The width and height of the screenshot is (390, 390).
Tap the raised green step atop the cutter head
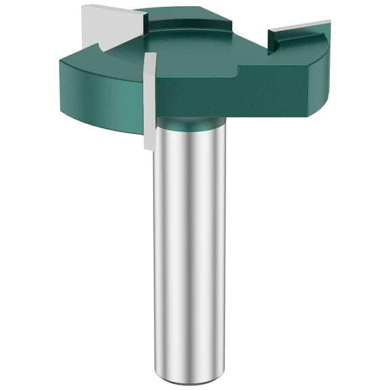click(183, 20)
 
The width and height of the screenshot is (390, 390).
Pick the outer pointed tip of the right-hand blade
click(328, 24)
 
